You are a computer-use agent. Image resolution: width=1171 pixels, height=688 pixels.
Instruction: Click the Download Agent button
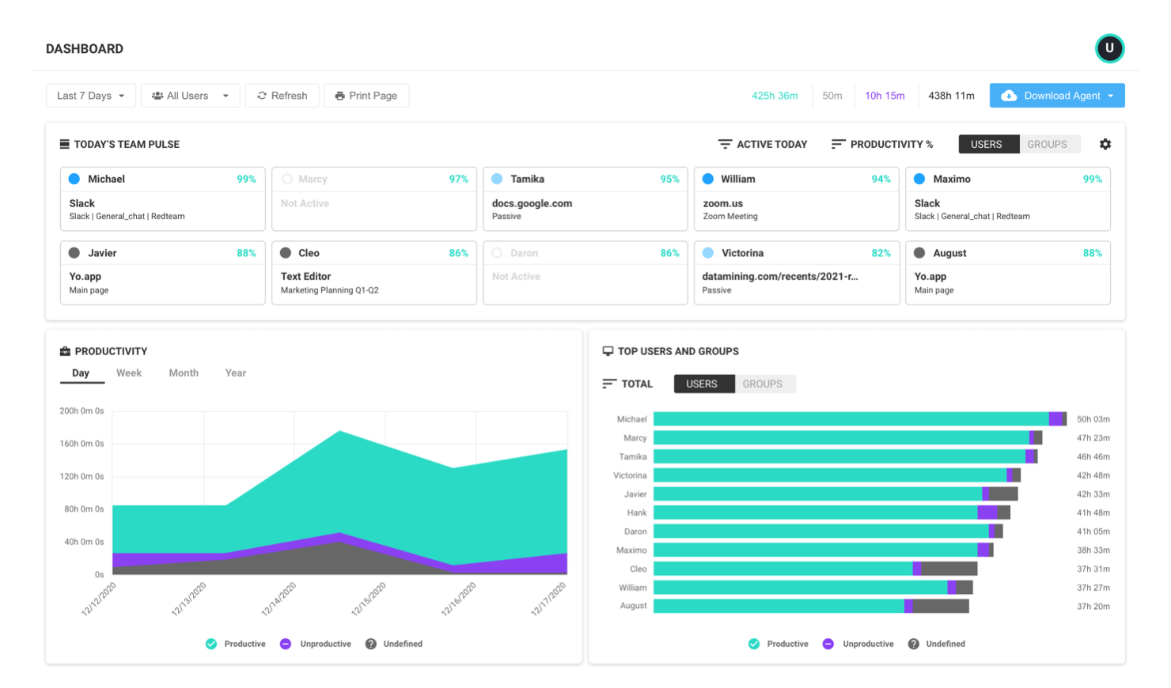[1056, 96]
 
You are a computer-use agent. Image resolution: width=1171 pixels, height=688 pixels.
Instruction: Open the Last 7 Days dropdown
[90, 96]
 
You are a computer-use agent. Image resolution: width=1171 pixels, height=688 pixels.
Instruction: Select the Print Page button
[366, 96]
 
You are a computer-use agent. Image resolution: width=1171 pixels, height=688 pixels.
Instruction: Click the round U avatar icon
[1109, 48]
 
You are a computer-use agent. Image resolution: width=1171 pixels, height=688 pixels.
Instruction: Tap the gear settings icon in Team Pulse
[1105, 144]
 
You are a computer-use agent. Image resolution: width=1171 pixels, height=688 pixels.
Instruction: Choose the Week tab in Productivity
[129, 373]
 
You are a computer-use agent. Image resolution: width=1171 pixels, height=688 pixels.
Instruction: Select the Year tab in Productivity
[235, 373]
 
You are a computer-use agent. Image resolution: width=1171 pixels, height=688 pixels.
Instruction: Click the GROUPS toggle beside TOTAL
[762, 384]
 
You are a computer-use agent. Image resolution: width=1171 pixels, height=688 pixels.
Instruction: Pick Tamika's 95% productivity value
[669, 180]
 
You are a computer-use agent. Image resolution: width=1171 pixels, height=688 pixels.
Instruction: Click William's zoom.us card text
[723, 203]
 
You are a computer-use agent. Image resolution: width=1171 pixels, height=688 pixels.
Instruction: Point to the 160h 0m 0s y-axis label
[81, 444]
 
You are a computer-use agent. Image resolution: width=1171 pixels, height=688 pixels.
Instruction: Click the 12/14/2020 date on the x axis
[279, 599]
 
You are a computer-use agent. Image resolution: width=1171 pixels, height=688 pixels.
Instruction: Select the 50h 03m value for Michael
[1093, 419]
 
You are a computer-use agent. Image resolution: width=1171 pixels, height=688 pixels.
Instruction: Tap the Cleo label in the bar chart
[638, 569]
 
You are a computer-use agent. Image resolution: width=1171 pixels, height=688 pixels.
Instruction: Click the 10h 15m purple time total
[885, 96]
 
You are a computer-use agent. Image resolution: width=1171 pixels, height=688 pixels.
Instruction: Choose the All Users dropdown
[190, 96]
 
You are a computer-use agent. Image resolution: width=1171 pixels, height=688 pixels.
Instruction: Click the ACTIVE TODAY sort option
[763, 144]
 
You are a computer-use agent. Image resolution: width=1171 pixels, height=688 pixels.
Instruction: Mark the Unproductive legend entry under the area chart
[316, 644]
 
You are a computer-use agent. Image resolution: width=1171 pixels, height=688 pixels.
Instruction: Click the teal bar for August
[779, 606]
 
